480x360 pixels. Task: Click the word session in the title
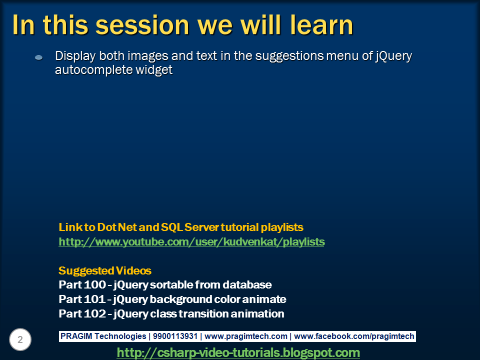(x=142, y=25)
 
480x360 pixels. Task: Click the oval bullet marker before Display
(x=39, y=57)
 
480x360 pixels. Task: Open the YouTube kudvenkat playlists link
(x=191, y=242)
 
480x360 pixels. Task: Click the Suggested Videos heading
(x=105, y=270)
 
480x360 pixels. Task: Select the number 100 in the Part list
(x=94, y=284)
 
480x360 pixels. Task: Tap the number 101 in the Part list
(x=94, y=299)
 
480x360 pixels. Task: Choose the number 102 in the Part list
(x=94, y=313)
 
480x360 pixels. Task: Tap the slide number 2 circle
(x=20, y=339)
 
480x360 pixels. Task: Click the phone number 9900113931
(x=175, y=336)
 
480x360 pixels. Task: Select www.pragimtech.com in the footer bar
(x=246, y=336)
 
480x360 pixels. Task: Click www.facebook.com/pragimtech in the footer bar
(x=354, y=336)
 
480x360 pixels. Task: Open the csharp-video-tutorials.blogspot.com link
(x=238, y=352)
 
